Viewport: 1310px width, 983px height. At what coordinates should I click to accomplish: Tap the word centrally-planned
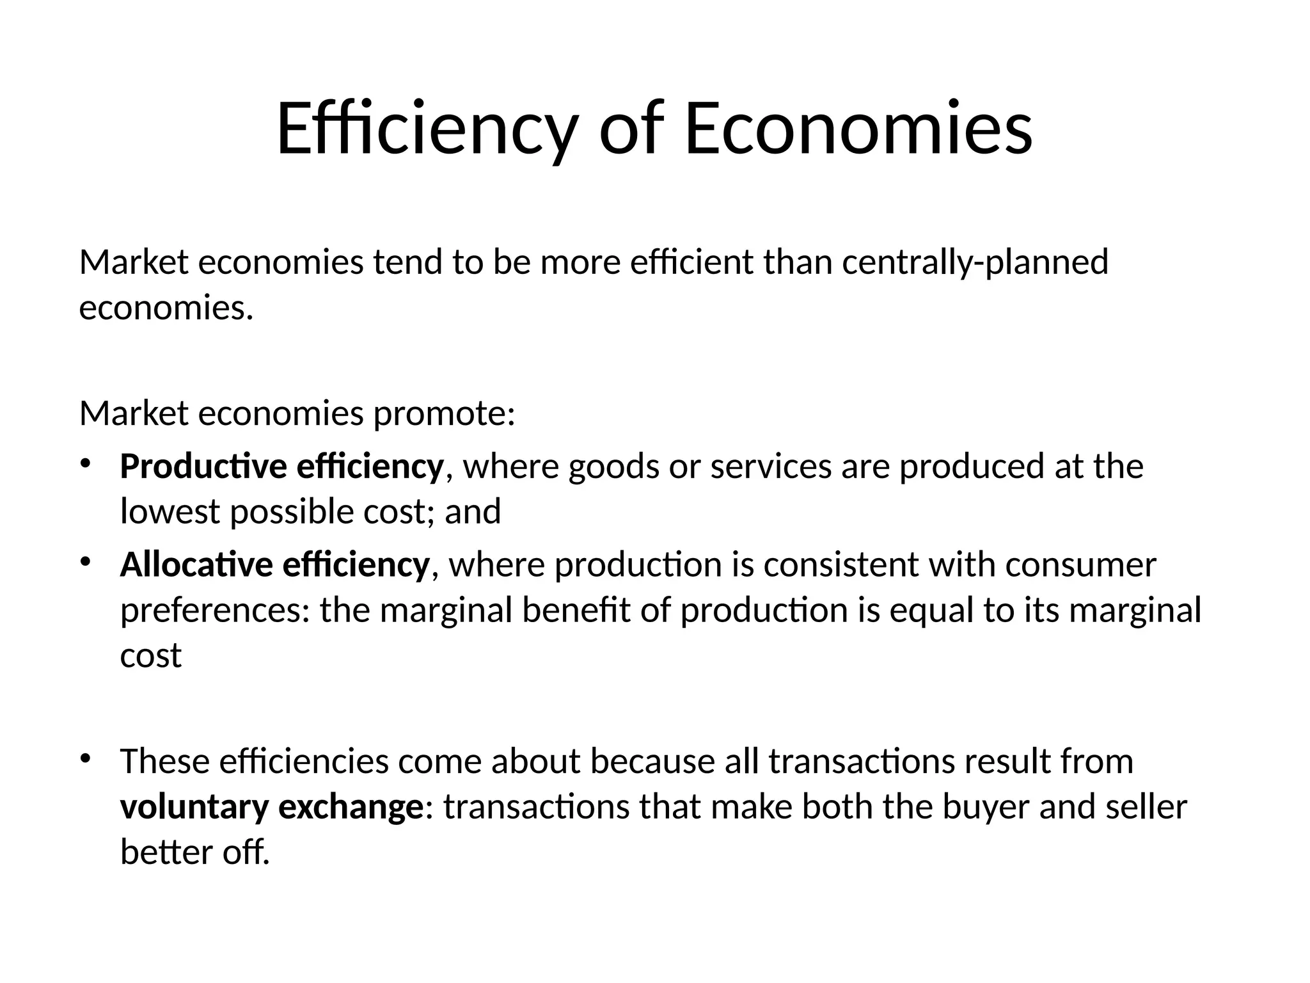(x=975, y=263)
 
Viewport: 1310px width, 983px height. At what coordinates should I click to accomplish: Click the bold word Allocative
(x=196, y=565)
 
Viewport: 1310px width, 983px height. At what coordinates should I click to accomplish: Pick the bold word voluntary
(x=194, y=807)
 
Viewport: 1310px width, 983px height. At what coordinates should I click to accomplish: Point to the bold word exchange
(x=351, y=807)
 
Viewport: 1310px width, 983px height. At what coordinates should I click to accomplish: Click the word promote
(x=444, y=414)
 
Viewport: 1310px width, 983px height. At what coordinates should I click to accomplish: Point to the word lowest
(x=171, y=512)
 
